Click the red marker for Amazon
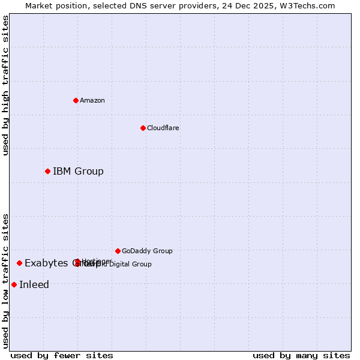click(76, 100)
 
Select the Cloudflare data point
click(143, 128)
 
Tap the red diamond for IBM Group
click(47, 172)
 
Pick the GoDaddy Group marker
click(118, 251)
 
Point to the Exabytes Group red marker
click(19, 263)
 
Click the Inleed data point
click(14, 284)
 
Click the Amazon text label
click(92, 100)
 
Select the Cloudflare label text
click(163, 128)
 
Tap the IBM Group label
click(78, 172)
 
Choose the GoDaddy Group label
click(147, 251)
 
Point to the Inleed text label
click(34, 284)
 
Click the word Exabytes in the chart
click(46, 263)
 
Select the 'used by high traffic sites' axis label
click(6, 85)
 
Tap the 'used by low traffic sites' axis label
click(6, 281)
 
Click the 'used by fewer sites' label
click(62, 355)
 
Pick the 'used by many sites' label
click(301, 355)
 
